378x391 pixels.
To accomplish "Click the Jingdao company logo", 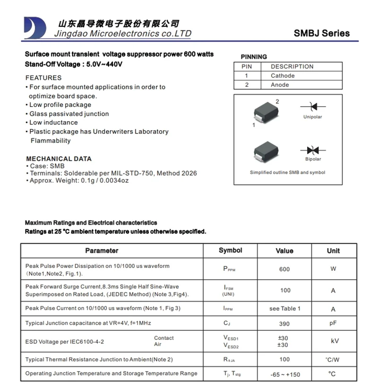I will point(35,28).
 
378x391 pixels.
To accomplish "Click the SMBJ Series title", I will point(321,33).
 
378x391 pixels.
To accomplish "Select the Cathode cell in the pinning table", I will point(283,76).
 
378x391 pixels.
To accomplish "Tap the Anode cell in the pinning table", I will point(280,85).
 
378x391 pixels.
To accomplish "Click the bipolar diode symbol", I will point(312,150).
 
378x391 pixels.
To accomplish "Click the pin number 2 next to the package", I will point(277,102).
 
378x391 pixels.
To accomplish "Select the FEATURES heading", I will point(43,78).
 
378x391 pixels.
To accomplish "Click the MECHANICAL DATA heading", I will point(59,159).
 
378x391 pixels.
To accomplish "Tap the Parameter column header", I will point(102,250).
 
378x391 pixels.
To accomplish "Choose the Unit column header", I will point(333,250).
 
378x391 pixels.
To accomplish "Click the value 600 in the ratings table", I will point(284,269).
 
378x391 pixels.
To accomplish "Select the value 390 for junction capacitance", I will point(284,323).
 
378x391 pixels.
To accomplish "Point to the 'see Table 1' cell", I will point(284,309).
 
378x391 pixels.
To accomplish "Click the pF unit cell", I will point(333,323).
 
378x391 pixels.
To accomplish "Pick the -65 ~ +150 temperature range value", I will point(285,374).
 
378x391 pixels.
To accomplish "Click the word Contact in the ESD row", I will point(164,338).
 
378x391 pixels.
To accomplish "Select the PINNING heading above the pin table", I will point(254,57).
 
